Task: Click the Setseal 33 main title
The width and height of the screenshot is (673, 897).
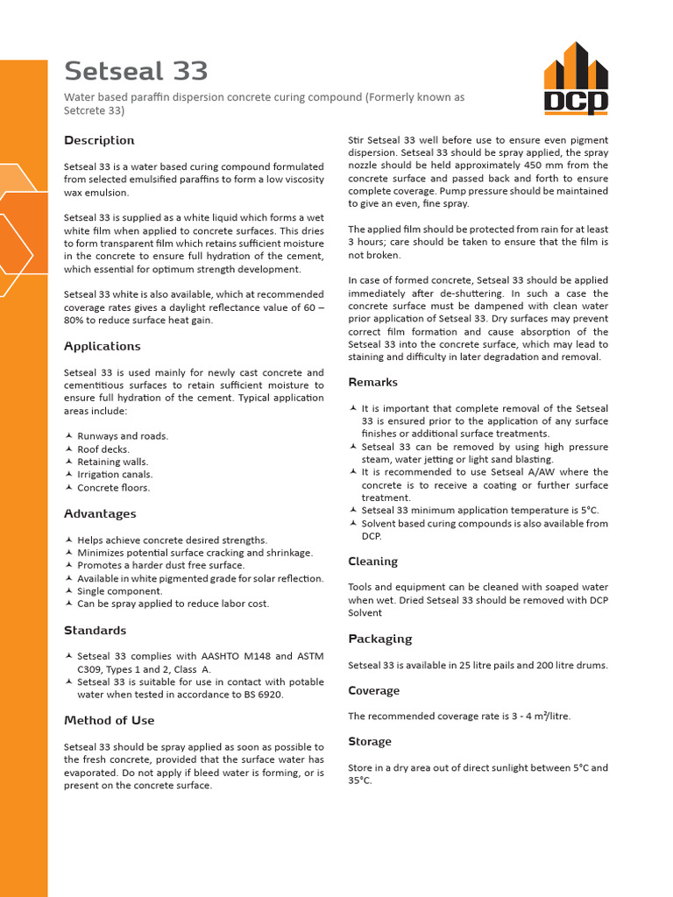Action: click(136, 70)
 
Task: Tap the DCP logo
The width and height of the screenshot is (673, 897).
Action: click(575, 79)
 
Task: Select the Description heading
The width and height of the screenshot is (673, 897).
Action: click(99, 140)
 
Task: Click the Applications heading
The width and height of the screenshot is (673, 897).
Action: click(102, 346)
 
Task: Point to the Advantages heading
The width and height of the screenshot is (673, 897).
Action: click(100, 513)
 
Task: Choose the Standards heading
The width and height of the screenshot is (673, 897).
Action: click(95, 630)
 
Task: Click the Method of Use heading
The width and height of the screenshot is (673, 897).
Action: click(109, 720)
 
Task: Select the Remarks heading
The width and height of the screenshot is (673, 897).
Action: click(372, 382)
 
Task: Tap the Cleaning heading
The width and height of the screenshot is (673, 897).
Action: click(372, 562)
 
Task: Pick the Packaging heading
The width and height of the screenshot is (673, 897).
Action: click(379, 639)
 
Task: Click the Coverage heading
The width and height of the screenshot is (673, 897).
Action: click(373, 690)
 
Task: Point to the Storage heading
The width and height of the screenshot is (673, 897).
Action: click(370, 741)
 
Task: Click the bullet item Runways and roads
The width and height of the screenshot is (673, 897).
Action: click(123, 436)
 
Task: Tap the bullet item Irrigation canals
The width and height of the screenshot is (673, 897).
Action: click(113, 475)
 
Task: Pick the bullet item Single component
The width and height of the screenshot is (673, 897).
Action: click(118, 591)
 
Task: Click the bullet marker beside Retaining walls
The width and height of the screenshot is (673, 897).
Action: click(69, 462)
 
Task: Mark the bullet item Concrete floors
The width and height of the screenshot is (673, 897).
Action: click(113, 488)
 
